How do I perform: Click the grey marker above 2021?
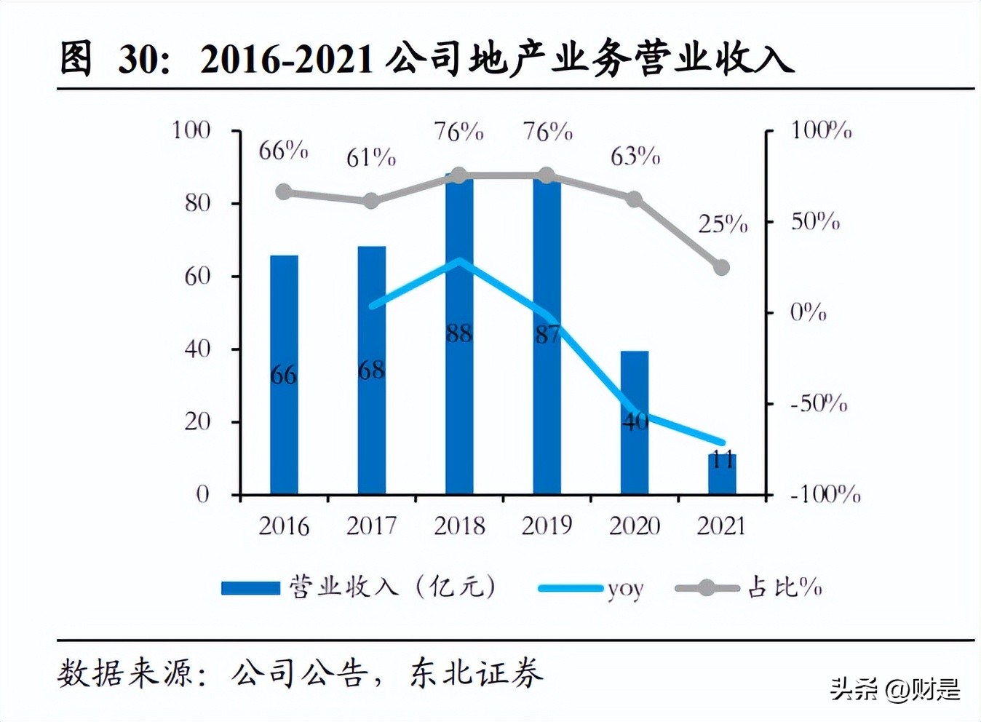721,267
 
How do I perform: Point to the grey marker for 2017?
371,201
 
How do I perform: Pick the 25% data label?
723,224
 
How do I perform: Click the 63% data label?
635,156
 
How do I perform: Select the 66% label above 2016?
283,151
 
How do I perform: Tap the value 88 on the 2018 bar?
459,333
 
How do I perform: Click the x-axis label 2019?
547,525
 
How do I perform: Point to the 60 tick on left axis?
197,276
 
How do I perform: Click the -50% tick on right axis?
819,403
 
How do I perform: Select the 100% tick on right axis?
821,130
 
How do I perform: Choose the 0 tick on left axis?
202,494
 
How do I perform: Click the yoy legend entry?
591,588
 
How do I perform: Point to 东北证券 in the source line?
476,673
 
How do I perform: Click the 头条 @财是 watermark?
895,689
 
